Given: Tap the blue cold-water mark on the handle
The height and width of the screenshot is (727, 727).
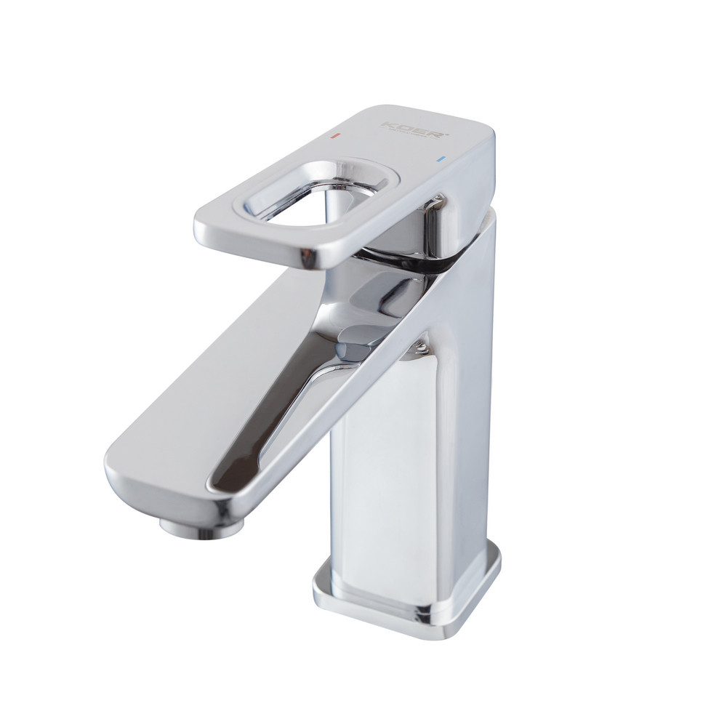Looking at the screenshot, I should pos(440,158).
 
